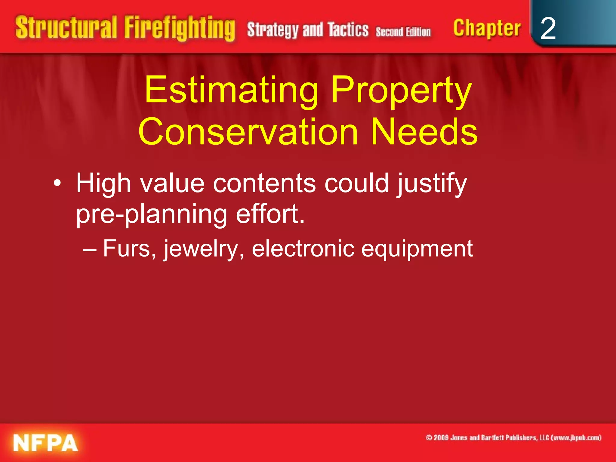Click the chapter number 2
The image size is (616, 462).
click(548, 29)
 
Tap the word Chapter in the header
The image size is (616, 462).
click(487, 29)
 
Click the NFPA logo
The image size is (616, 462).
click(45, 443)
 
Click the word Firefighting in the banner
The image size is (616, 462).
click(180, 29)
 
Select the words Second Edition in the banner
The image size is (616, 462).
click(403, 32)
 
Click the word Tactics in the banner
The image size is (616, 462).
click(348, 29)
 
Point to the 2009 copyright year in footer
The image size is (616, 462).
click(441, 438)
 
